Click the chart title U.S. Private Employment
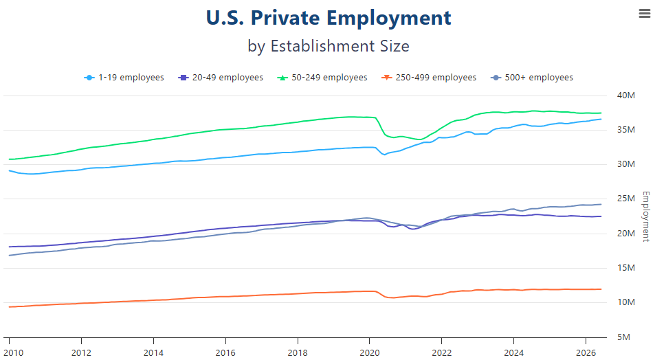pos(329,18)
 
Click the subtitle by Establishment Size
pos(329,46)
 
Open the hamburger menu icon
pos(645,14)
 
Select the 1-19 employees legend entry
pos(124,78)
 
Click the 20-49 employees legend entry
pos(221,78)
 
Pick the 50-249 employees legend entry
pos(322,78)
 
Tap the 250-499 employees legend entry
pos(429,78)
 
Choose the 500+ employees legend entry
pos(532,78)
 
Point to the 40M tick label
pos(625,95)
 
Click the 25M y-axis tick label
pos(625,199)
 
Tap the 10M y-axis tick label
pos(625,302)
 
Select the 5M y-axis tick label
pos(623,337)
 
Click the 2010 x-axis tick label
pos(14,353)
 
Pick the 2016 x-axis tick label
pos(225,353)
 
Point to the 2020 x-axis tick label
pos(370,353)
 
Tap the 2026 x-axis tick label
pos(586,353)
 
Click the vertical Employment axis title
pos(646,216)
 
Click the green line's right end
pos(601,113)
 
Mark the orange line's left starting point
pos(9,307)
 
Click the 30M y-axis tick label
pos(625,164)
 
